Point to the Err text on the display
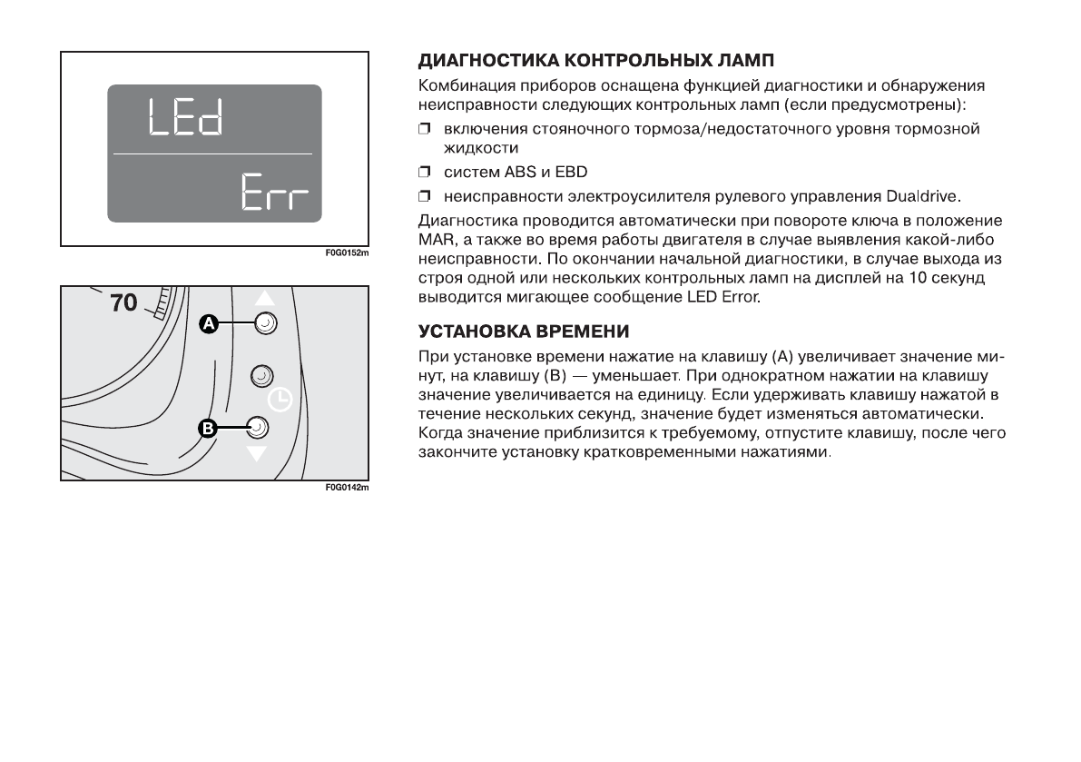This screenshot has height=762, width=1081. pyautogui.click(x=273, y=193)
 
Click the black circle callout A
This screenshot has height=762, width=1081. pyautogui.click(x=210, y=323)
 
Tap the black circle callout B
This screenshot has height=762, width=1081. pyautogui.click(x=208, y=428)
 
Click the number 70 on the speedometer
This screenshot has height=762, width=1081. pyautogui.click(x=123, y=302)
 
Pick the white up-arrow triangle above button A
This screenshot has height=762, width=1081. pyautogui.click(x=264, y=298)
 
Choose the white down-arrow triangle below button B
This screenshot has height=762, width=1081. pyautogui.click(x=259, y=452)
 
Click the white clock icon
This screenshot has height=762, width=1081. pyautogui.click(x=280, y=400)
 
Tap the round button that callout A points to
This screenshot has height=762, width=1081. pyautogui.click(x=265, y=322)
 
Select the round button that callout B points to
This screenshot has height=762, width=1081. pyautogui.click(x=258, y=427)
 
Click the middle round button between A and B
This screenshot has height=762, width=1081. pyautogui.click(x=261, y=374)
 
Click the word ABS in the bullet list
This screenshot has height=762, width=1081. pyautogui.click(x=504, y=173)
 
